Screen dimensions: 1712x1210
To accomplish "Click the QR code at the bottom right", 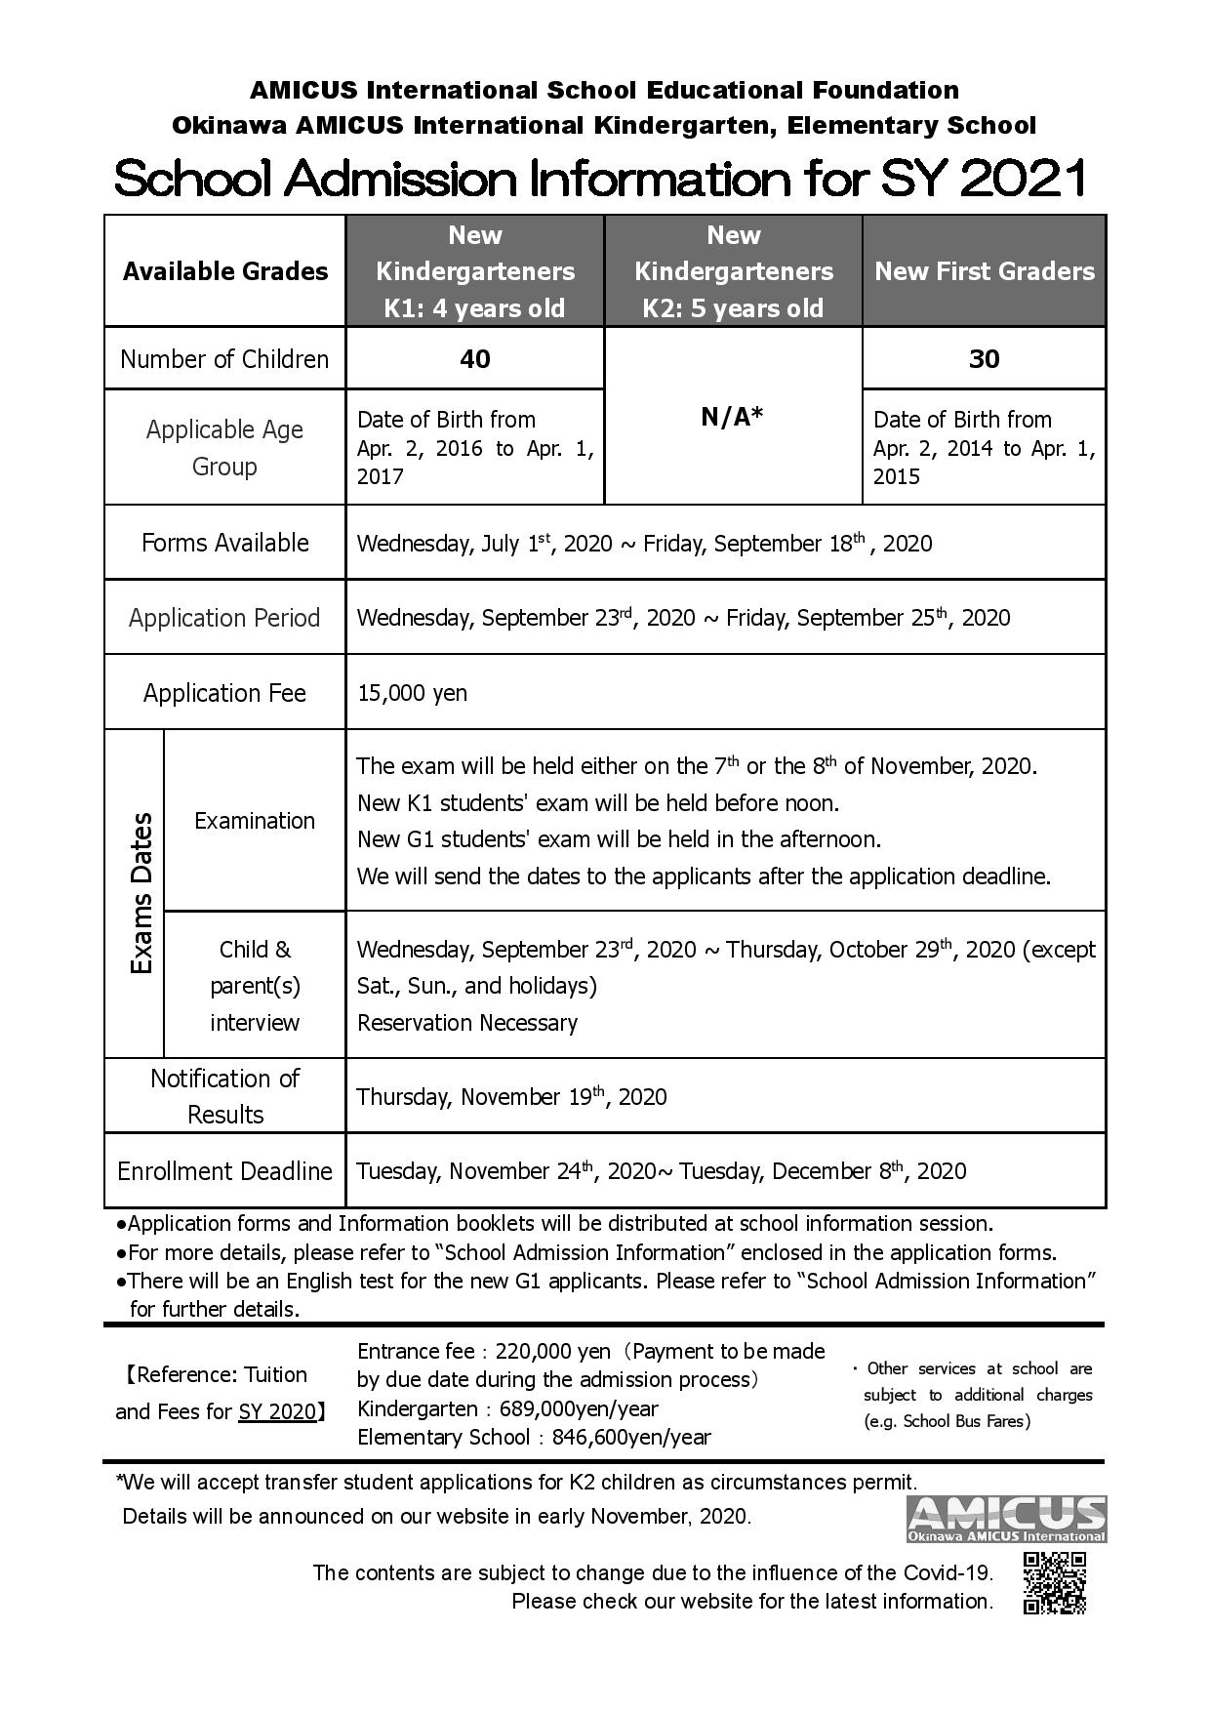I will tap(1054, 1583).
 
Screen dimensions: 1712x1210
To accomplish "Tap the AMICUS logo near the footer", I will tap(1006, 1520).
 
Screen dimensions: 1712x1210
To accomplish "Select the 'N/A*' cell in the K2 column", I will tap(733, 417).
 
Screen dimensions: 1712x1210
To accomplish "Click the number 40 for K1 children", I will tap(474, 359).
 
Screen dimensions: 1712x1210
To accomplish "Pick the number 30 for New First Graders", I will tap(984, 359).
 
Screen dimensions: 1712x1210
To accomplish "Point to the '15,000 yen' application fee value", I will tap(412, 693).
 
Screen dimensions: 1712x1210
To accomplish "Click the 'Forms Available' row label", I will tap(224, 543).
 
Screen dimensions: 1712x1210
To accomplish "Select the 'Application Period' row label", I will tap(224, 618).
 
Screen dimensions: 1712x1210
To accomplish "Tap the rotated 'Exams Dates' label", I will tap(142, 892).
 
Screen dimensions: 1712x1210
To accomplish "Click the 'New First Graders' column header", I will tap(984, 271).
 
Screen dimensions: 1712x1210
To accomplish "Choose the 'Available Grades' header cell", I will tap(224, 271).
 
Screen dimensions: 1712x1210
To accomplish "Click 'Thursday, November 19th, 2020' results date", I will tap(511, 1096).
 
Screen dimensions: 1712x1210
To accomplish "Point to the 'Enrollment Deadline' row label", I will tap(224, 1171).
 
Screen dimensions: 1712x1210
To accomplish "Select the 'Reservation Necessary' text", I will tap(466, 1023).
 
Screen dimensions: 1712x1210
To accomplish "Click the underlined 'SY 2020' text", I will tap(277, 1411).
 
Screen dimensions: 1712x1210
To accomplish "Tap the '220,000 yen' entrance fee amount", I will tap(552, 1352).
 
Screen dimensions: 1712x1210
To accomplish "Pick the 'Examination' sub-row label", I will tap(254, 821).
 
